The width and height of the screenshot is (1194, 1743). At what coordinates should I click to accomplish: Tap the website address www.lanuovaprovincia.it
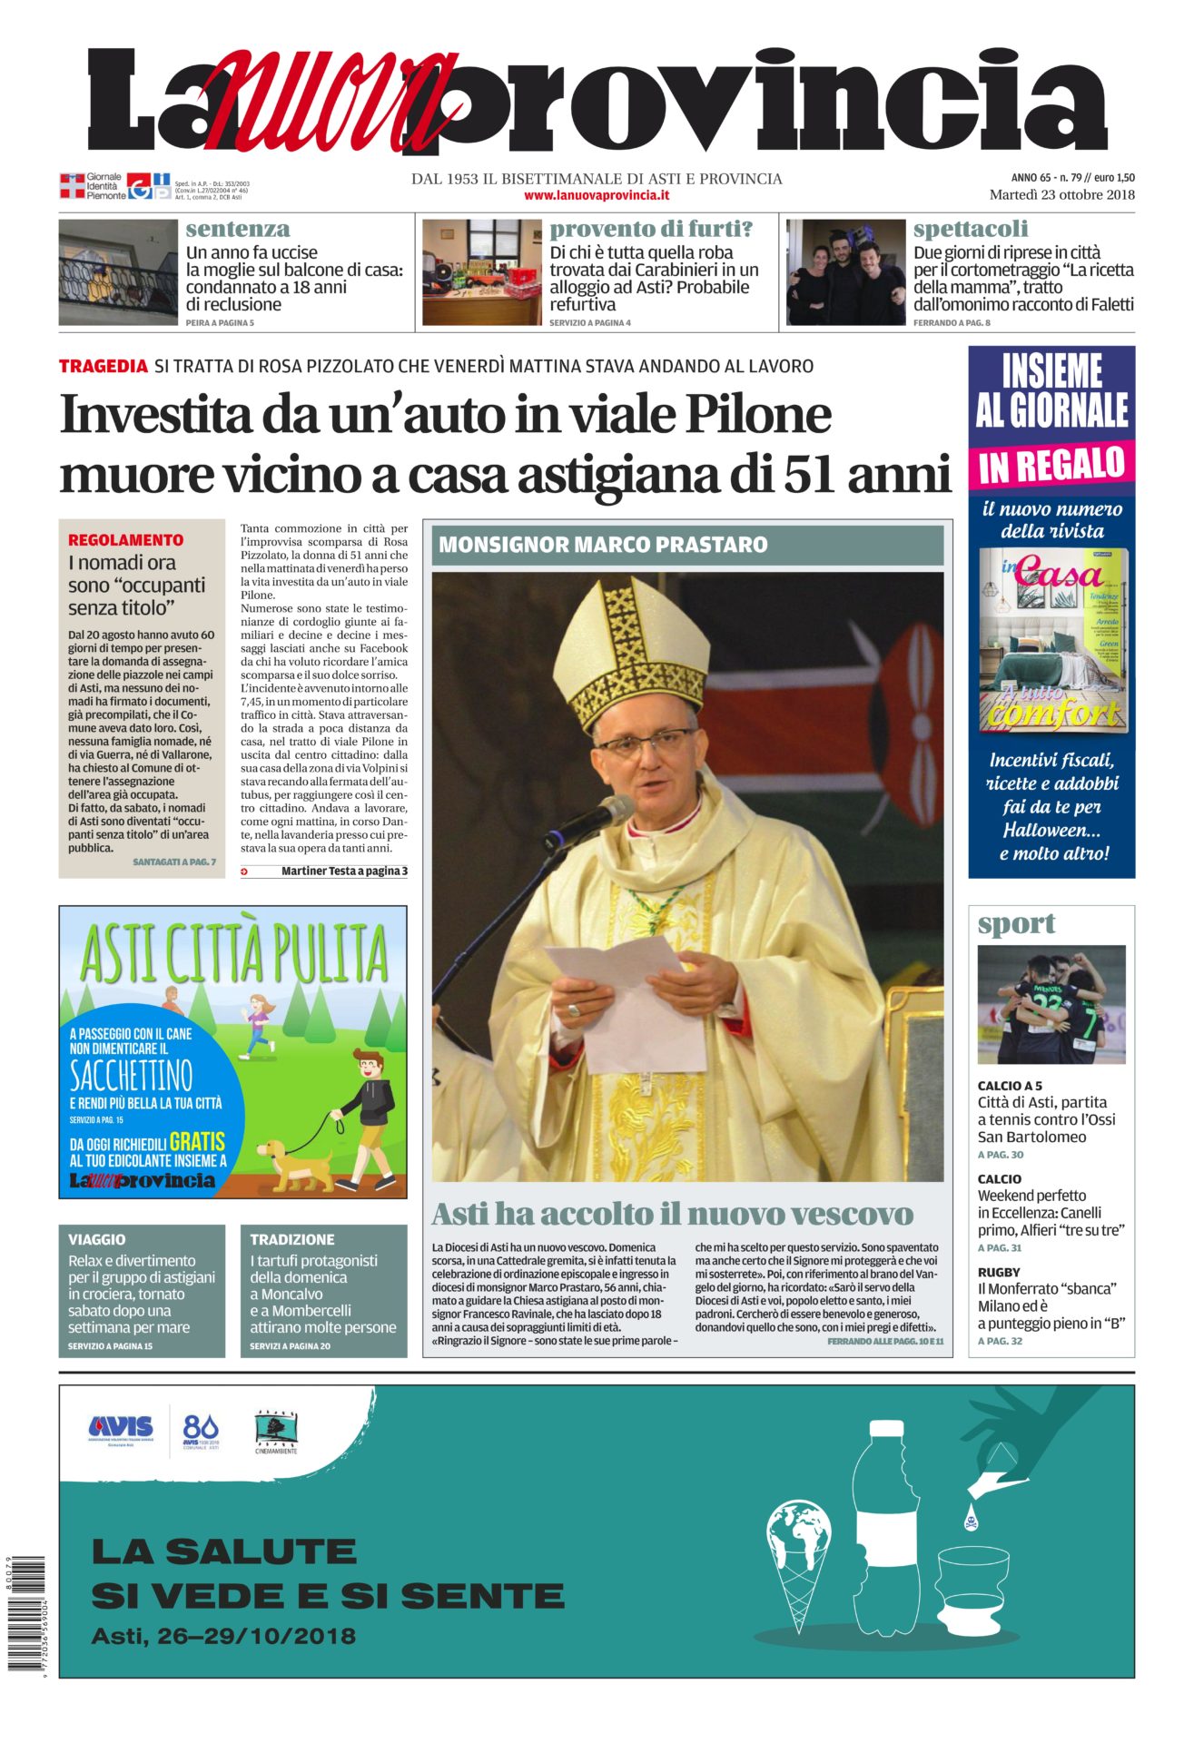tap(597, 195)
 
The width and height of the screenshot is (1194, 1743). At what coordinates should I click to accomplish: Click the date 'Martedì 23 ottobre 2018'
tap(1061, 194)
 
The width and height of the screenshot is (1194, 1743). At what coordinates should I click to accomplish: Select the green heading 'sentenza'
tap(238, 229)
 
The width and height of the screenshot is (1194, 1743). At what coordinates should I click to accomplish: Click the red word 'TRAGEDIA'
tap(104, 366)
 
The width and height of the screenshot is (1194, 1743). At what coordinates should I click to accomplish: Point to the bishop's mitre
tap(632, 649)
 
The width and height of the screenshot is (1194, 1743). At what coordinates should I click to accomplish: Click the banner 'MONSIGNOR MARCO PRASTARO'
tap(604, 545)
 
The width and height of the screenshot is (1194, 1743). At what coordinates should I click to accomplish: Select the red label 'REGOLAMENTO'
tap(125, 539)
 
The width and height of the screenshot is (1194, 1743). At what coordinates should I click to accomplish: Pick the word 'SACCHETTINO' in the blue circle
tap(132, 1076)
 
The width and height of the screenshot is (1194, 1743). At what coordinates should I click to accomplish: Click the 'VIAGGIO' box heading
tap(97, 1239)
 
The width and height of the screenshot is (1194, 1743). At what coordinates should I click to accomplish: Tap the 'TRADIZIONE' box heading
tap(292, 1239)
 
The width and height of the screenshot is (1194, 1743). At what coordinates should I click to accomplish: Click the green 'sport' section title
tap(1016, 924)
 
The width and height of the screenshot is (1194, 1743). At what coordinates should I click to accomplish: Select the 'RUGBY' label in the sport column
tap(999, 1272)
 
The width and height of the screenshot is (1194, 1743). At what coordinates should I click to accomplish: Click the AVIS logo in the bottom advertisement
tap(121, 1428)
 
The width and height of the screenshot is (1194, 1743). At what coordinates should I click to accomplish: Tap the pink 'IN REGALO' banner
tap(1051, 465)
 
